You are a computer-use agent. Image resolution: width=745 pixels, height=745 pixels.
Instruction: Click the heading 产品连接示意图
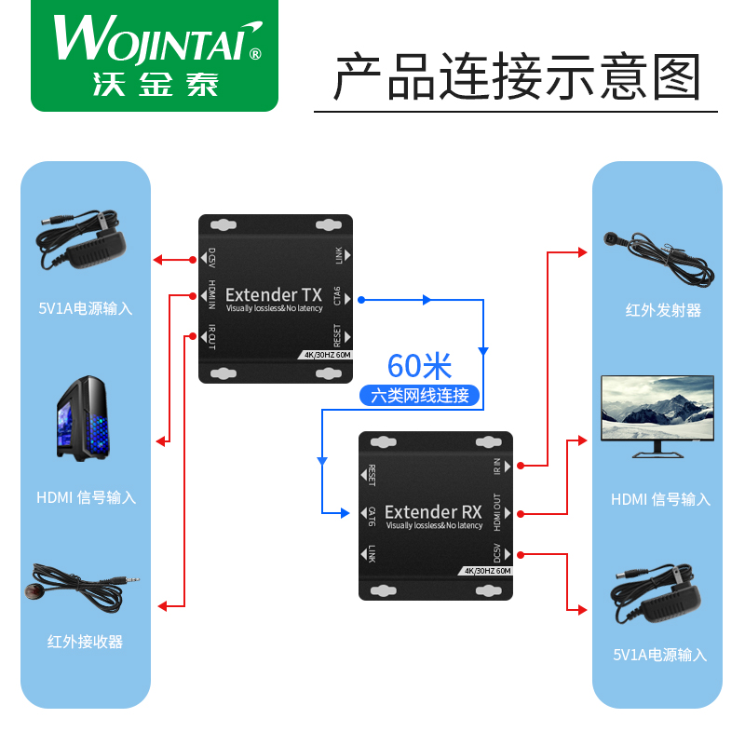pos(517,77)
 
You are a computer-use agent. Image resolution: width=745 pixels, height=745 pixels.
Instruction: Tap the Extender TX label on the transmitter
pos(274,295)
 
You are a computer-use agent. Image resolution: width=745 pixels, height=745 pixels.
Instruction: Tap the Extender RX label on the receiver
pos(433,511)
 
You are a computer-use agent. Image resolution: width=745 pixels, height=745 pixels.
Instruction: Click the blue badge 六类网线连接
pos(420,395)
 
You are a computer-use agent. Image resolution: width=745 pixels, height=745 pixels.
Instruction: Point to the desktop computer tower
pos(86,420)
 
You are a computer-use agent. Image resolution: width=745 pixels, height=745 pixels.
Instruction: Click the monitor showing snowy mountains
pos(657,415)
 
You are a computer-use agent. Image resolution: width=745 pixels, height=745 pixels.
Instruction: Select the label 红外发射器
pos(663,310)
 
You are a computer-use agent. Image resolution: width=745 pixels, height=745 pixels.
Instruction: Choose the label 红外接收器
pos(86,642)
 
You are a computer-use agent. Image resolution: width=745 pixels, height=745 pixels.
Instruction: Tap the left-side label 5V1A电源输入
pos(86,308)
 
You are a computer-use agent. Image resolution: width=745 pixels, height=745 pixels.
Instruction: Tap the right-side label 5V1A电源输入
pos(660,655)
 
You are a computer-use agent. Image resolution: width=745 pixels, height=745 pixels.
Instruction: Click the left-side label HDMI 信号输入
pos(86,497)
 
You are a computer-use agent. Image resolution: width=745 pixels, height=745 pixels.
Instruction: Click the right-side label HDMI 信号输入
pos(660,499)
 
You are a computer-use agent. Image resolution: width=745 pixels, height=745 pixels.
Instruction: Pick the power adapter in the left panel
pos(82,243)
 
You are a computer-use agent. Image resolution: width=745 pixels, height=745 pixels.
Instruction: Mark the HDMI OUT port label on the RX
pos(496,511)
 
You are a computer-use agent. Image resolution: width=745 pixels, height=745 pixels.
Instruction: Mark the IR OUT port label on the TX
pos(212,335)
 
